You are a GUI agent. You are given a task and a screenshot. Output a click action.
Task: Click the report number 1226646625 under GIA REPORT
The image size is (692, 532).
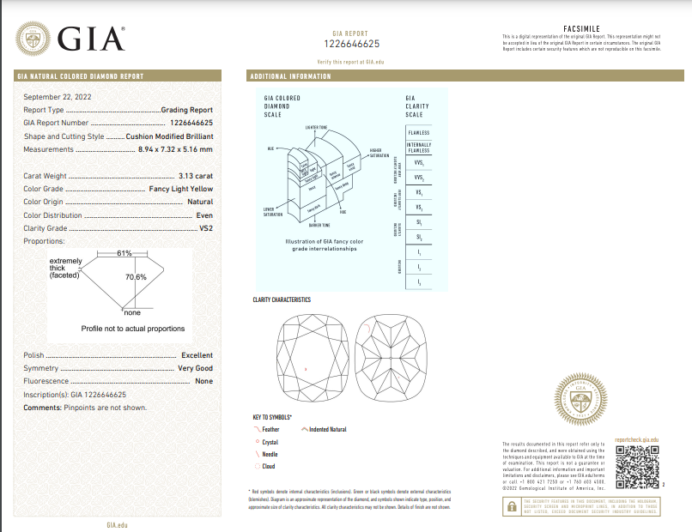pos(352,43)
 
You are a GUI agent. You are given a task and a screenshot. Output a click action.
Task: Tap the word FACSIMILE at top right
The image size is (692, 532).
pos(580,28)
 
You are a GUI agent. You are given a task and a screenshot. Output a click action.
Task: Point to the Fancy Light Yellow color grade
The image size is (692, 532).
pos(178,189)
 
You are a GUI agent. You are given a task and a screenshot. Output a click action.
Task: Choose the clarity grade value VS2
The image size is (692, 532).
pos(205,228)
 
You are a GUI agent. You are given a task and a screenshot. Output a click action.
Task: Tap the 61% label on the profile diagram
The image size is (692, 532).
pos(124,253)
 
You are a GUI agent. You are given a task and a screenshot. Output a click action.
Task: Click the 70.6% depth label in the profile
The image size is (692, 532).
pos(136,277)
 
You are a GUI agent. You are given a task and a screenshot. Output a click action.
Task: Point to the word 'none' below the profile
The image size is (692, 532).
pos(132,311)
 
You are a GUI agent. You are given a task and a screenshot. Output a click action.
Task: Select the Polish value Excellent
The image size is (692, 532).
pos(197,355)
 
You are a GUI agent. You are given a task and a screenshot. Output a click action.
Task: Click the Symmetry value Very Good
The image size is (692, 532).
pos(195,368)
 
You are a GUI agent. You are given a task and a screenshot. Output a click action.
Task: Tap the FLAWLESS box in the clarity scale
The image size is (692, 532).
pos(419,133)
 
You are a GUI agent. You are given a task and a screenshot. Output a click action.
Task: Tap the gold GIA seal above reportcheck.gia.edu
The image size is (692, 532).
pos(587,402)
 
